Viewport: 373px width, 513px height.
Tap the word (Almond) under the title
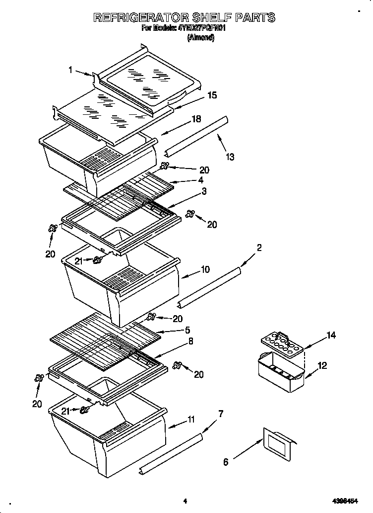point(200,37)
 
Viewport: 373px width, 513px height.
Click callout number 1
point(71,70)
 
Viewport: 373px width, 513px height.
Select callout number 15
point(212,95)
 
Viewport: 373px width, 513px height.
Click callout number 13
point(230,157)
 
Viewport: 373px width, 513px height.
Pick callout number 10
point(204,270)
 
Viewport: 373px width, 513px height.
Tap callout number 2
point(259,248)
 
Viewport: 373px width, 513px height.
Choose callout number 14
point(331,336)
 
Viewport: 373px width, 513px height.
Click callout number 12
point(322,365)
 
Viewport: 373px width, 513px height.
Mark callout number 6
point(226,462)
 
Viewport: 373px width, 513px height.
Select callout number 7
point(221,414)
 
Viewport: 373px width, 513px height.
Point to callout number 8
point(190,342)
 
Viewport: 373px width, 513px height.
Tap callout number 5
point(187,330)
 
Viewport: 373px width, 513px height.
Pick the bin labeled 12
point(280,372)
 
